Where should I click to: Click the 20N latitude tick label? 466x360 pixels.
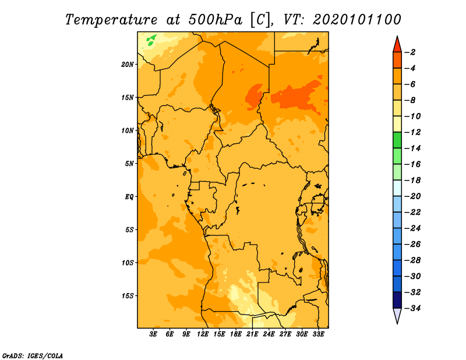pos(128,64)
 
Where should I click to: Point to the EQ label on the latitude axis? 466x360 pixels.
pos(129,197)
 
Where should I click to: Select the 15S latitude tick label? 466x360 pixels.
pos(128,296)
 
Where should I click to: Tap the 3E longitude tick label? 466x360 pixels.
pos(153,334)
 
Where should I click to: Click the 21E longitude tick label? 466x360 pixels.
pos(252,334)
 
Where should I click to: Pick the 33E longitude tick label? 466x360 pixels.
pos(318,334)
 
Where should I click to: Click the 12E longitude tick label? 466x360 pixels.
pos(202,334)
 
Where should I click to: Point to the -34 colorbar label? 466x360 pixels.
pos(412,308)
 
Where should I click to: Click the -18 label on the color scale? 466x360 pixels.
pos(412,180)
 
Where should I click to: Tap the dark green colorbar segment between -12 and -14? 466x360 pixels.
pos(397,140)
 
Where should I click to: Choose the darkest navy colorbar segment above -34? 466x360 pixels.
pos(397,300)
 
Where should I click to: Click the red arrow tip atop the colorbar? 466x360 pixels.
pos(397,37)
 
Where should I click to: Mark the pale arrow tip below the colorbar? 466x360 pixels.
pos(397,323)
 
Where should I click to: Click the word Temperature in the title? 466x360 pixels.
pos(111,20)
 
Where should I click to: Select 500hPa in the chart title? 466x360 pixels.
pos(215,20)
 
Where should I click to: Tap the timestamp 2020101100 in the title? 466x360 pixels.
pos(357,20)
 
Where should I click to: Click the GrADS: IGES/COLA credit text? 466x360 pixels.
pos(33,355)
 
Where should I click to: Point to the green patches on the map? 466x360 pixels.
pos(151,40)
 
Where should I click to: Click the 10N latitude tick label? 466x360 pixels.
pos(128,130)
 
